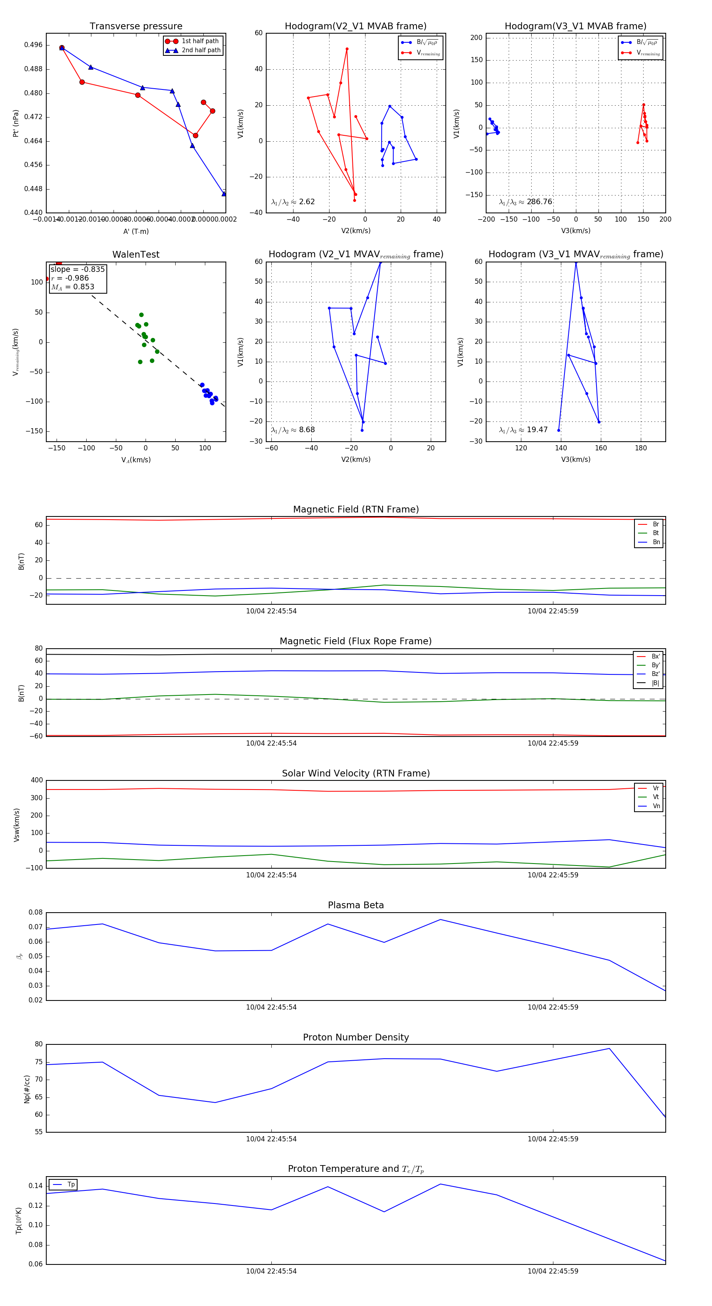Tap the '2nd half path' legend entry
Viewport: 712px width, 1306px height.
tap(201, 50)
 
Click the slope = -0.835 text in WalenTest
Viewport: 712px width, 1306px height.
tap(78, 269)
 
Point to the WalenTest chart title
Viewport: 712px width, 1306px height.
tap(136, 254)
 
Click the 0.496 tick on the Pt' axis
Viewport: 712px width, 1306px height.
tap(34, 45)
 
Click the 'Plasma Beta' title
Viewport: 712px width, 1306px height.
tap(356, 905)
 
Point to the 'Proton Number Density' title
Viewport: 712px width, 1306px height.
tap(356, 1037)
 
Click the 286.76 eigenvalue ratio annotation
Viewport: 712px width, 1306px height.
tap(539, 202)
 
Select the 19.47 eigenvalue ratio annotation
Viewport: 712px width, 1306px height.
tap(537, 430)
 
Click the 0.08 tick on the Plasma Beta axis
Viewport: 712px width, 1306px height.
tap(36, 912)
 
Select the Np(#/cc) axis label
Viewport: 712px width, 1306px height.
tap(27, 1089)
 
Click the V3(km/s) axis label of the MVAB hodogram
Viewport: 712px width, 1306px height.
tap(576, 231)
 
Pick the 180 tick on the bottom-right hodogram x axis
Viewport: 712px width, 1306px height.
tap(640, 448)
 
